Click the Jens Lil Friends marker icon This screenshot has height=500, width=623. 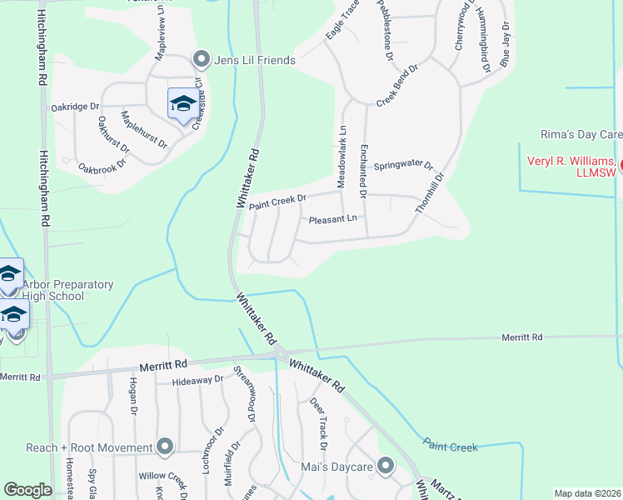[200, 60]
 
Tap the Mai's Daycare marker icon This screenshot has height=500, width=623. [385, 466]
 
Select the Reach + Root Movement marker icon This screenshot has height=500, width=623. [165, 447]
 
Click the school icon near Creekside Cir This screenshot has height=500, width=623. [182, 103]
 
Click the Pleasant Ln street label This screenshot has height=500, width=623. [332, 219]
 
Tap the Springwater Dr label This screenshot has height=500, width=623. [403, 166]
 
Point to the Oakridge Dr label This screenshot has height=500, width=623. [75, 107]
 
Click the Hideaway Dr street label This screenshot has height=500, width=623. [197, 381]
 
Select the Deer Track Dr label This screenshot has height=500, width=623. [318, 419]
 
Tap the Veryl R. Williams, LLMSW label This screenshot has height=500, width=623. [572, 166]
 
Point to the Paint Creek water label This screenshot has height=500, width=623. [450, 447]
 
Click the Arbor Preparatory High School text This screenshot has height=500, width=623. [62, 290]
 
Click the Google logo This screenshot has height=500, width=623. [27, 490]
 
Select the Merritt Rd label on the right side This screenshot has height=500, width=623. [521, 337]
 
